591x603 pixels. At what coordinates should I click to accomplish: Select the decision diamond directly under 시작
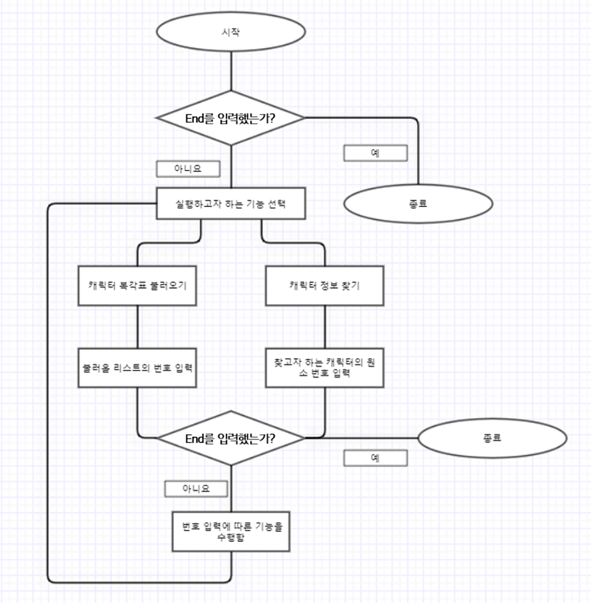click(x=231, y=118)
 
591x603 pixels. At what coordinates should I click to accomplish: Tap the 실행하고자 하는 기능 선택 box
click(x=231, y=203)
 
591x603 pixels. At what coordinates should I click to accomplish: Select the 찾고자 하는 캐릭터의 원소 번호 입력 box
click(x=324, y=368)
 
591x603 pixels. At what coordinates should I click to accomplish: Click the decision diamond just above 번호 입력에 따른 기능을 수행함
click(x=231, y=438)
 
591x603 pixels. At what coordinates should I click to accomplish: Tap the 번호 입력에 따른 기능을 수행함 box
click(x=231, y=531)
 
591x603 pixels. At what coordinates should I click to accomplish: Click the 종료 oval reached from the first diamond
click(x=417, y=203)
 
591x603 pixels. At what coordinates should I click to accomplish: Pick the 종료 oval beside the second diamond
click(x=492, y=438)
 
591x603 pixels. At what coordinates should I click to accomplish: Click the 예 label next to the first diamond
click(x=375, y=153)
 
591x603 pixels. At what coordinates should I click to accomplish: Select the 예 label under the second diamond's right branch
click(x=375, y=458)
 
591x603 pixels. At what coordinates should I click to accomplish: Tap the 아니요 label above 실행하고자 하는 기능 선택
click(x=188, y=169)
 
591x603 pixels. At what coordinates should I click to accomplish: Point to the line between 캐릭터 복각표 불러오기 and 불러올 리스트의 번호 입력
click(x=138, y=327)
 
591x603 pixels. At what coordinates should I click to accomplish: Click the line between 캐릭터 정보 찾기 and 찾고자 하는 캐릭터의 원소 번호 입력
click(x=324, y=327)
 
